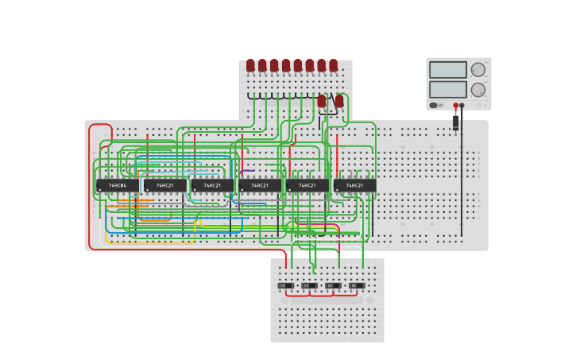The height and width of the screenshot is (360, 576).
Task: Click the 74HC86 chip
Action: [118, 185]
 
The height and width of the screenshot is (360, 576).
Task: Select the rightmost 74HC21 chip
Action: [355, 185]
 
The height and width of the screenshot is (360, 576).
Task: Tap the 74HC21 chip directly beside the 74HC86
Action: [165, 185]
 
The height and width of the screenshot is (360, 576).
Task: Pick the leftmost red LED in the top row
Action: [250, 64]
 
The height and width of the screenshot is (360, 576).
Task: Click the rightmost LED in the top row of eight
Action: [334, 64]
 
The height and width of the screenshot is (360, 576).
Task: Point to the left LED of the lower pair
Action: [322, 101]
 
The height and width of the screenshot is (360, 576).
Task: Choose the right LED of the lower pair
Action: [339, 101]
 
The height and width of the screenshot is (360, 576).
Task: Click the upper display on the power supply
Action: [447, 70]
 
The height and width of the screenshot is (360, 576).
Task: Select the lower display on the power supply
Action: [447, 89]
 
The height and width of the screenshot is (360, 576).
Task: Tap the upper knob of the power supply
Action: [478, 70]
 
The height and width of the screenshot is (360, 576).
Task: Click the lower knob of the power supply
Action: [478, 90]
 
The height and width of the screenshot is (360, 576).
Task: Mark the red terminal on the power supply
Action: [456, 105]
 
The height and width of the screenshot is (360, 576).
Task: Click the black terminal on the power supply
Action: [462, 105]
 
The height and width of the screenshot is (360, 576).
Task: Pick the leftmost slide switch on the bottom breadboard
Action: [285, 285]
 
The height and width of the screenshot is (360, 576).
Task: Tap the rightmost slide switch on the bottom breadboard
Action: [357, 285]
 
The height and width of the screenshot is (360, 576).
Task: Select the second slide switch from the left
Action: [309, 285]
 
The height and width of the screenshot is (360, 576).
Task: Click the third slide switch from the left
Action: [333, 285]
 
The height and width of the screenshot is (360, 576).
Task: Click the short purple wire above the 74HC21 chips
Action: [248, 170]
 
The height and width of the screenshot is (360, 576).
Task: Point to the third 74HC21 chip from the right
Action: [260, 185]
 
